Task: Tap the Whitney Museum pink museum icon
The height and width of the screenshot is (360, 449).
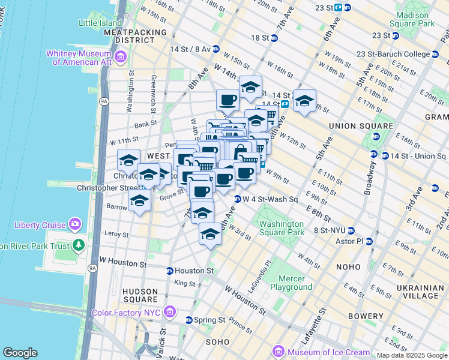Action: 121,57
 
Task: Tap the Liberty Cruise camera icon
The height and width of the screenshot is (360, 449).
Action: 75,224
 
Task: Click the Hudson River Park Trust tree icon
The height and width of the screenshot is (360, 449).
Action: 78,245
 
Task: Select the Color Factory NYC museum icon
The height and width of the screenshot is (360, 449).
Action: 169,312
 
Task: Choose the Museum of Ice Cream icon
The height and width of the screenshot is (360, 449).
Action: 277,352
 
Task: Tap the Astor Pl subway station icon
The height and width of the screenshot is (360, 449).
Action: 369,241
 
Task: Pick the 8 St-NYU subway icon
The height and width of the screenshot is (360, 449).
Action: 351,230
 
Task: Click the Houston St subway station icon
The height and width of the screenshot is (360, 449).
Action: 170,271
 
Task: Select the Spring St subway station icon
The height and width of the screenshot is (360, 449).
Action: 189,320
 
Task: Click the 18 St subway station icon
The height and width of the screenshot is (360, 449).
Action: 274,38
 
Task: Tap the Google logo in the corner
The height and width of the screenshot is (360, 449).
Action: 20,353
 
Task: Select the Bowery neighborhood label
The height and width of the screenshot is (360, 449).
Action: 365,316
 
